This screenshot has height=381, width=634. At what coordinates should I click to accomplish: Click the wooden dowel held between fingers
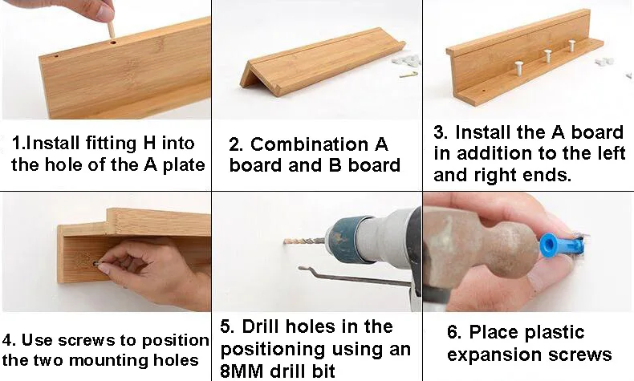click(111, 27)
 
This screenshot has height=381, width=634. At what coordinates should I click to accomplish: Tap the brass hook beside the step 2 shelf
click(408, 75)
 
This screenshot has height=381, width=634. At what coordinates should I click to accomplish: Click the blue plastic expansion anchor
click(561, 245)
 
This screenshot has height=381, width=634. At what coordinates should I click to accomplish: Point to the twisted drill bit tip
click(286, 242)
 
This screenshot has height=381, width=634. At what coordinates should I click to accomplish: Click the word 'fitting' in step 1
click(112, 144)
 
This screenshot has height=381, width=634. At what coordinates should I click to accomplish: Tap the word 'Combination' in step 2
click(309, 144)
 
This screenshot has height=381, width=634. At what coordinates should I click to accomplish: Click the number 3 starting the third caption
click(440, 132)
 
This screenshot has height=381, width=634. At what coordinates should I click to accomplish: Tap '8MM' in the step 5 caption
click(243, 371)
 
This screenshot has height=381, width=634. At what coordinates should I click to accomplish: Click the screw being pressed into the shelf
click(96, 264)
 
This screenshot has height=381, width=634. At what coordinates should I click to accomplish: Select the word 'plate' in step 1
click(184, 166)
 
